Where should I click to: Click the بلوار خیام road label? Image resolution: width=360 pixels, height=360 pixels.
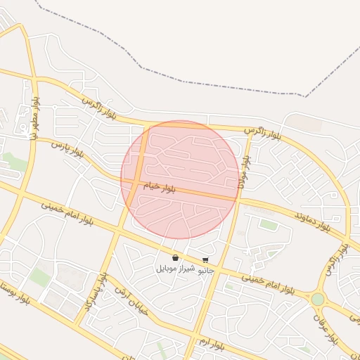pos(159,188)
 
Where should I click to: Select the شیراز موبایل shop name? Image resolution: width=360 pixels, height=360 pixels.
pos(174,269)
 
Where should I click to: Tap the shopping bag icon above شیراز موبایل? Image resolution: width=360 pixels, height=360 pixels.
pos(174,258)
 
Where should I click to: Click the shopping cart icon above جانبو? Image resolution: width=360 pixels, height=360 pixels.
pos(205,260)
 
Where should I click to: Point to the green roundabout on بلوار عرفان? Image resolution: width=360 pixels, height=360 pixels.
pos(318,300)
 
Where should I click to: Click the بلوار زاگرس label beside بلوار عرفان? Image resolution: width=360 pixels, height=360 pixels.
pos(335,260)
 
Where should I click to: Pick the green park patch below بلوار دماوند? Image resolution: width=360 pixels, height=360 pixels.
pos(268,224)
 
